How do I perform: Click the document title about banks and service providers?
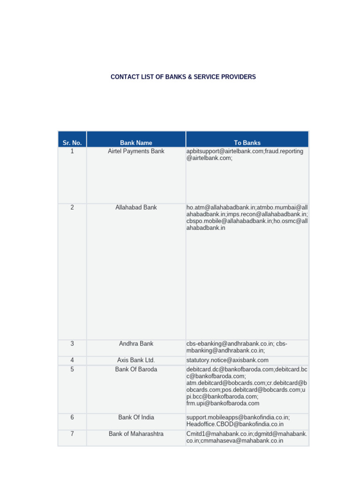pyautogui.click(x=183, y=77)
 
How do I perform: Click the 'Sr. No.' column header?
pyautogui.click(x=72, y=142)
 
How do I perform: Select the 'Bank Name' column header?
pyautogui.click(x=136, y=142)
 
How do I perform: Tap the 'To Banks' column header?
pyautogui.click(x=247, y=142)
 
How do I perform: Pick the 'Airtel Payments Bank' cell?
pyautogui.click(x=136, y=151)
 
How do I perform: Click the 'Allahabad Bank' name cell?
pyautogui.click(x=136, y=207)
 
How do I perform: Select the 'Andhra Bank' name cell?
pyautogui.click(x=136, y=344)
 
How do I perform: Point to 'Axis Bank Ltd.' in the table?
pyautogui.click(x=136, y=360)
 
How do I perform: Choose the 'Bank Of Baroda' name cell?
pyautogui.click(x=136, y=369)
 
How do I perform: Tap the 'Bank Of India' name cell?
pyautogui.click(x=136, y=417)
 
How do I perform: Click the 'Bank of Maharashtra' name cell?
pyautogui.click(x=136, y=434)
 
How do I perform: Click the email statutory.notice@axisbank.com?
pyautogui.click(x=227, y=360)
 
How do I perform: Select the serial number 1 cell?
pyautogui.click(x=72, y=151)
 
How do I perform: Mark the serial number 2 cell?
pyautogui.click(x=72, y=207)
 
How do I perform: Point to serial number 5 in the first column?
pyautogui.click(x=72, y=369)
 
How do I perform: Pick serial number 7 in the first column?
pyautogui.click(x=72, y=434)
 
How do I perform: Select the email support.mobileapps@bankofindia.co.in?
pyautogui.click(x=238, y=417)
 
